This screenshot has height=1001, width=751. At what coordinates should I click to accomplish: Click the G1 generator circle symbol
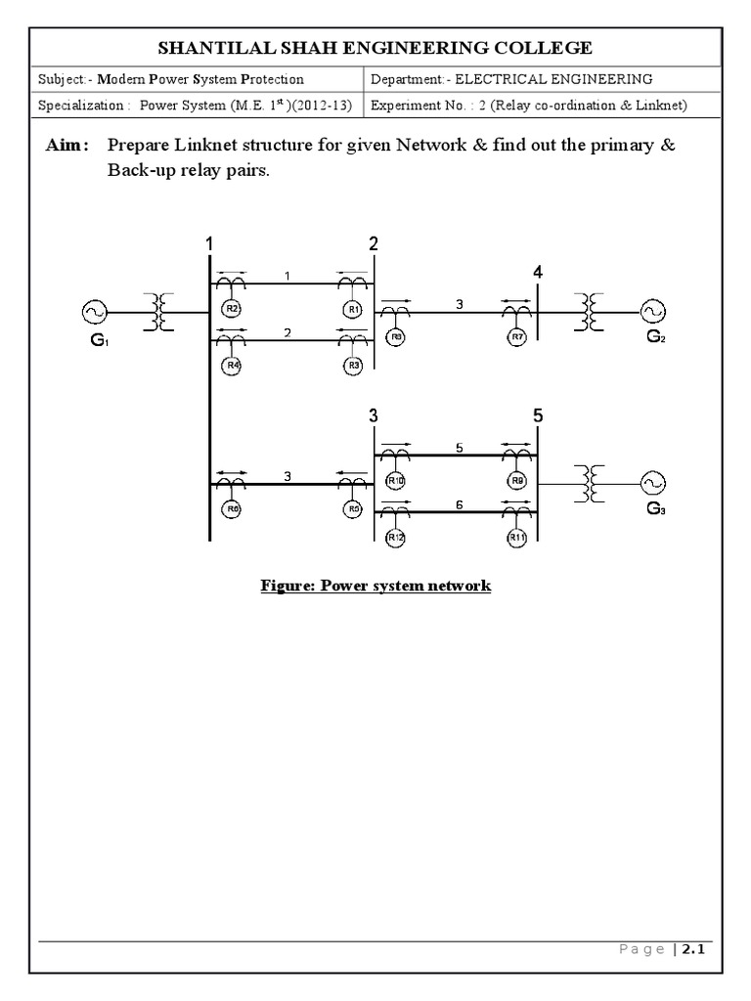pos(95,312)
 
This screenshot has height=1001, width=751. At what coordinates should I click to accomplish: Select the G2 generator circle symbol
pos(652,312)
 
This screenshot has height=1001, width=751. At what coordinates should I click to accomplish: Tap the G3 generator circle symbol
pos(652,483)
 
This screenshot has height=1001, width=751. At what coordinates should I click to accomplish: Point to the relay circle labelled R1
pos(353,310)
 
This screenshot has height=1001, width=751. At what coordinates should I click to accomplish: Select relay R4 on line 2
pos(232,366)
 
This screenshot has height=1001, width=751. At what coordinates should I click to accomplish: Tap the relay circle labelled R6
pos(232,508)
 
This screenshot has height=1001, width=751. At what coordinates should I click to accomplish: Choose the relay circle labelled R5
pos(354,508)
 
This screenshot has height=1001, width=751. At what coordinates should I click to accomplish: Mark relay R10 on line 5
pos(395,481)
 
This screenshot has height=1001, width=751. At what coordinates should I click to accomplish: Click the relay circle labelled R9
pos(517,481)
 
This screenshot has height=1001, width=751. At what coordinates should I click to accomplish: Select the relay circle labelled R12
pos(395,538)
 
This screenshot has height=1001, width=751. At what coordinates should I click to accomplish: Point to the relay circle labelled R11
pos(517,538)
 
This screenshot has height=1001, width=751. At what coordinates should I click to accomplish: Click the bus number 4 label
pos(538,273)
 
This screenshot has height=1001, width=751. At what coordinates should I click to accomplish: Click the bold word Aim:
pos(67,146)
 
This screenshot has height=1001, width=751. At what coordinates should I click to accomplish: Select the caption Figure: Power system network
pos(375,587)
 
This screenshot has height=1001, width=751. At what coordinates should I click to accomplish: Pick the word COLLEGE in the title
pos(543,47)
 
